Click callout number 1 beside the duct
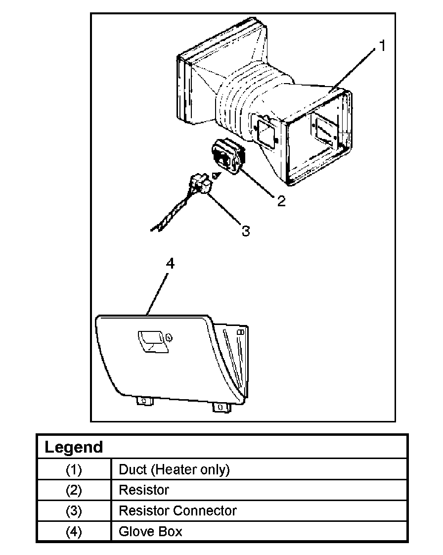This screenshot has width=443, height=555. [382, 46]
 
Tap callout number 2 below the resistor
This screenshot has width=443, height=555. [281, 201]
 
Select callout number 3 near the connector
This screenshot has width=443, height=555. [246, 231]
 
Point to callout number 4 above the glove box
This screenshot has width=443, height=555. [170, 264]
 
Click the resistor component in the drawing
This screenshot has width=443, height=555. [227, 155]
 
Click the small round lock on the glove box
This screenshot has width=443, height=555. [169, 337]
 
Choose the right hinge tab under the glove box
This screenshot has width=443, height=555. [219, 407]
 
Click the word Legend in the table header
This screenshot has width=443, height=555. [74, 447]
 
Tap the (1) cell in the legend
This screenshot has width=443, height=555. [74, 469]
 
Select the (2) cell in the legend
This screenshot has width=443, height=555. [74, 490]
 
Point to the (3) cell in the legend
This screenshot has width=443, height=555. [74, 511]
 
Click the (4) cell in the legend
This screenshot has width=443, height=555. [74, 532]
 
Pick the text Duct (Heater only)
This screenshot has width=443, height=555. [174, 469]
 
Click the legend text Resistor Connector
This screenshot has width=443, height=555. [177, 511]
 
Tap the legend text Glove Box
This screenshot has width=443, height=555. [150, 532]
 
